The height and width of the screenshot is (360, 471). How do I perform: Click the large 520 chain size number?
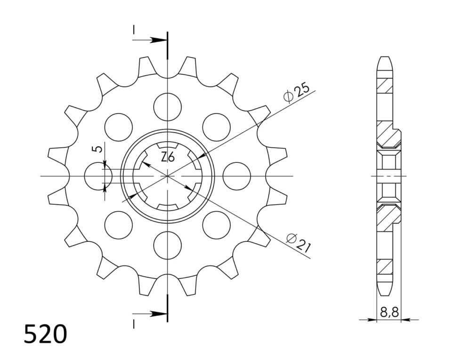(45, 334)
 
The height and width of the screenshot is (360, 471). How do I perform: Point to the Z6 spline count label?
(168, 157)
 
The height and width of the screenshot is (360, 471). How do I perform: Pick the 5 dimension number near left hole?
(99, 149)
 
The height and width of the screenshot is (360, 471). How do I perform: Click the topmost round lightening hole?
(168, 106)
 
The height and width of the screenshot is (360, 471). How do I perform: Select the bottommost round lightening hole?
(168, 245)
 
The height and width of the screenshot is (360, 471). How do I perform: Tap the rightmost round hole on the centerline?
(237, 176)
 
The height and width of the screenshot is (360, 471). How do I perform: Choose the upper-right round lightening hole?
(216, 127)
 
